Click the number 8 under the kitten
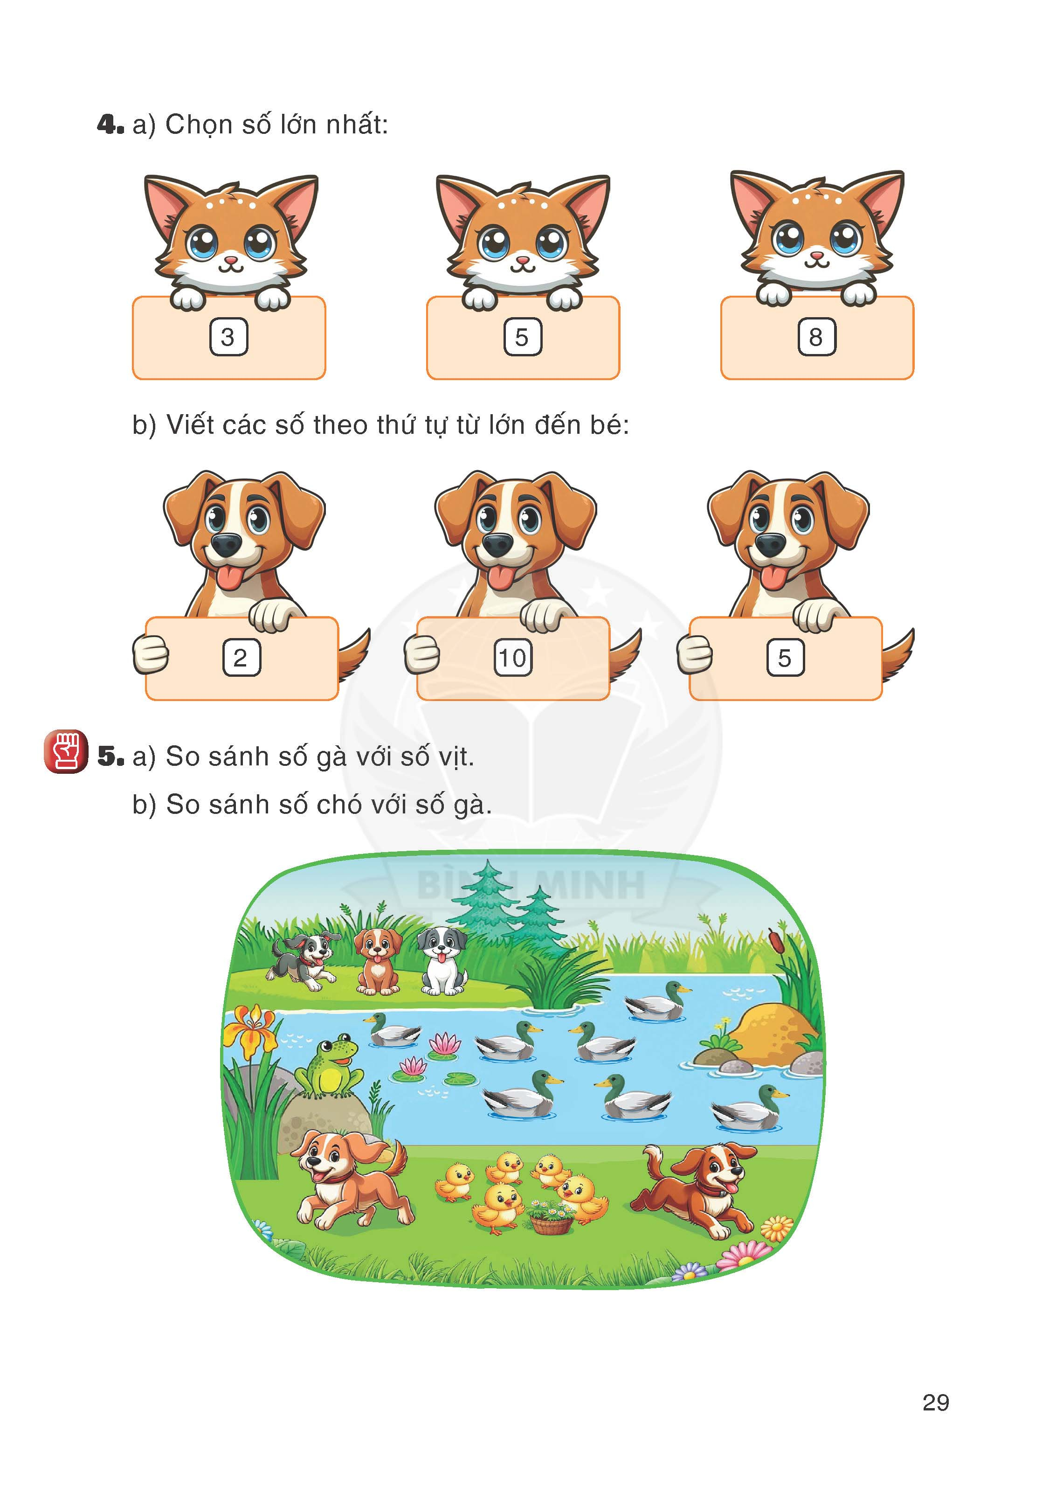815,337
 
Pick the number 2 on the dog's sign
241,658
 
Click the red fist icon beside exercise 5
65,752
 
